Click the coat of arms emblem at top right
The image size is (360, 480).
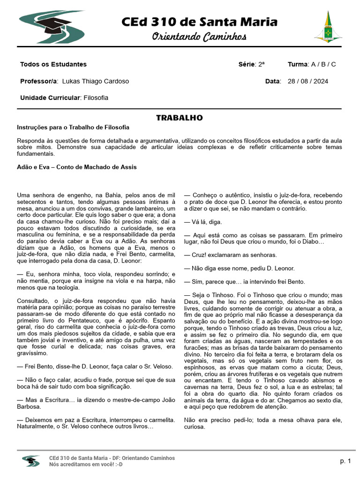[328, 26]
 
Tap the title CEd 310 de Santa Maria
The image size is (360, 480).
[199, 22]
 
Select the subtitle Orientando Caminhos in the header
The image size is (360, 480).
[199, 37]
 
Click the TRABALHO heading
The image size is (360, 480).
[180, 118]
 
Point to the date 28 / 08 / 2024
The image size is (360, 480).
[308, 81]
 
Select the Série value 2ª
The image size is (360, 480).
[261, 64]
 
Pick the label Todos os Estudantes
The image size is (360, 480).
[53, 64]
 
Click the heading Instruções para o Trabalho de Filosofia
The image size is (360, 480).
[73, 127]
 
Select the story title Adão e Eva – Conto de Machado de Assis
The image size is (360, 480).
[77, 167]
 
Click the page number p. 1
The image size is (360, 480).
[345, 461]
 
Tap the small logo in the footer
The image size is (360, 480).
[31, 461]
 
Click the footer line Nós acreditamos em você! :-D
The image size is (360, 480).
[86, 465]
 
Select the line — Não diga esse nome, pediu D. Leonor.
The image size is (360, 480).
[239, 268]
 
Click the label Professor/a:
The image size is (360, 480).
[39, 81]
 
